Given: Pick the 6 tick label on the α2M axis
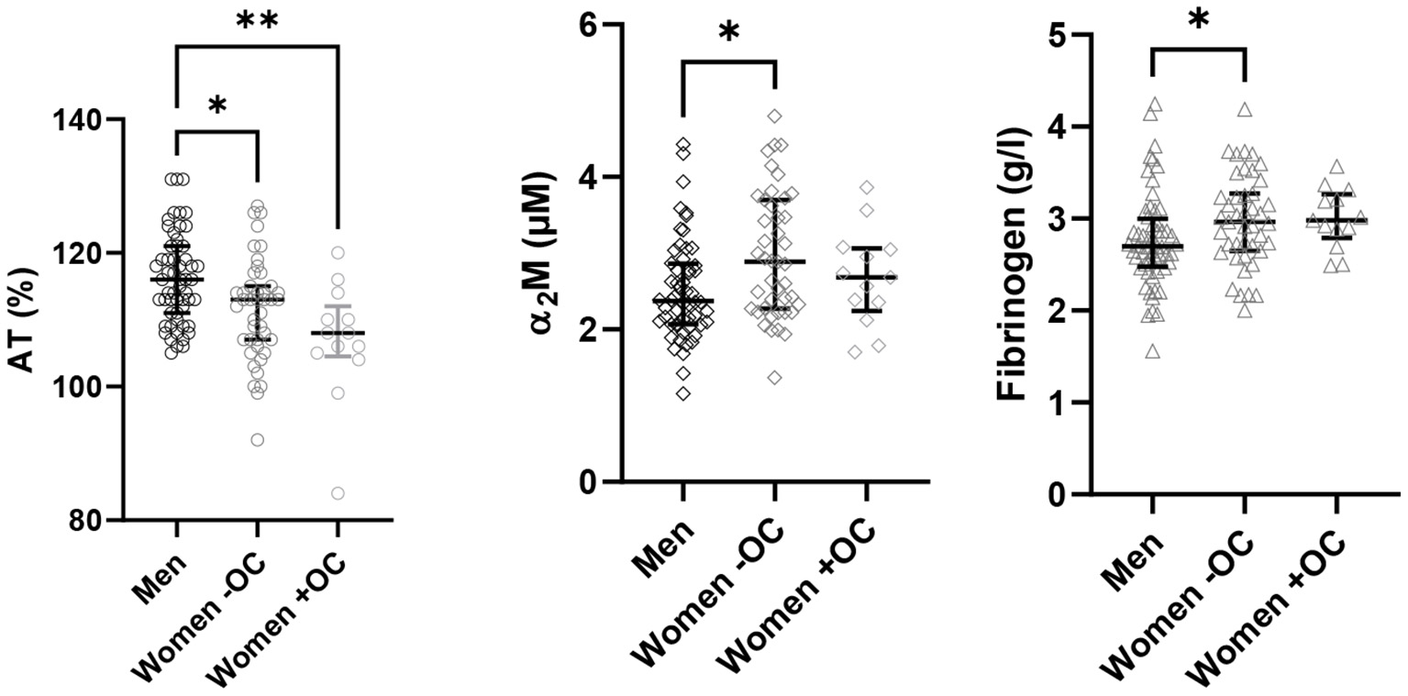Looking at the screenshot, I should [587, 25].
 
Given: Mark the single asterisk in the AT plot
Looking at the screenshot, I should [217, 107].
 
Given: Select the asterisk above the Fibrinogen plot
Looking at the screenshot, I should [1198, 20].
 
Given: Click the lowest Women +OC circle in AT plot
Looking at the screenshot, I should [338, 493].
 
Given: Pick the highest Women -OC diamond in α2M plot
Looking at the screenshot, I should [774, 116].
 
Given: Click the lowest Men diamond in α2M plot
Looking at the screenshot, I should [683, 393].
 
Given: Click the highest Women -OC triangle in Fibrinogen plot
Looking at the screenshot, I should [1245, 110].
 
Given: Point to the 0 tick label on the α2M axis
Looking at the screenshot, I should [587, 481].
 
